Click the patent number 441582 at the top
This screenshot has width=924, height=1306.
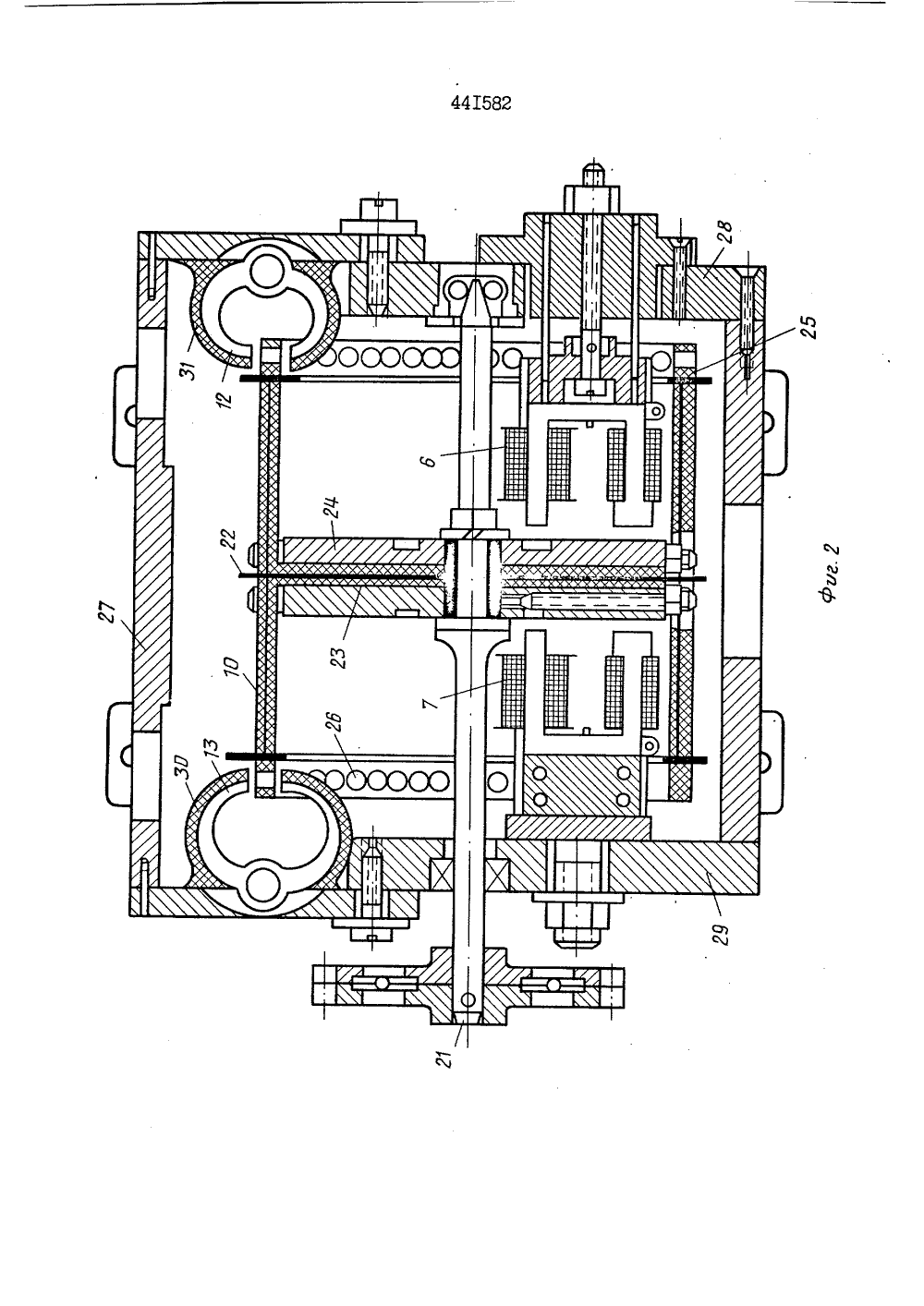point(481,103)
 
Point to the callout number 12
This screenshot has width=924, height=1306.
point(225,398)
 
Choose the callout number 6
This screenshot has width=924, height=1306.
point(430,461)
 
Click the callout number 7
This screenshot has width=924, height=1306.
point(432,696)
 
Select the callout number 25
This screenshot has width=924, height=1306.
point(809,327)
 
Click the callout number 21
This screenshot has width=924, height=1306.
point(445,1056)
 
